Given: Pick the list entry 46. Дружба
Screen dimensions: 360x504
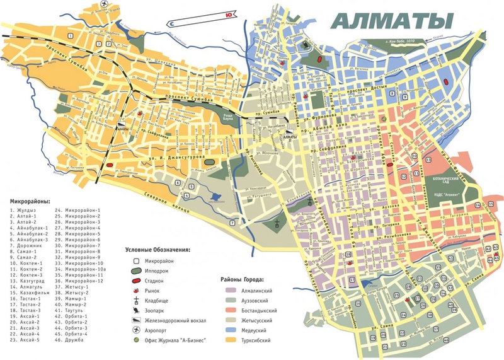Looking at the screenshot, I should click(73, 340).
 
